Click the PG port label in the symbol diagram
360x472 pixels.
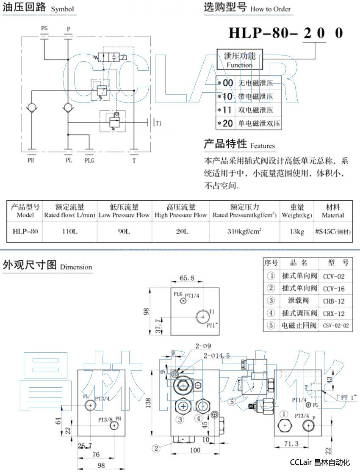(44, 28)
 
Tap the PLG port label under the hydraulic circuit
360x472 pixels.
(89, 160)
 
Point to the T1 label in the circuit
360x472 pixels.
(158, 124)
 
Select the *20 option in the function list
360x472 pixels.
(228, 124)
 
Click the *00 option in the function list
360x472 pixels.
(228, 83)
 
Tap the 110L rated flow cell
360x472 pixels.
(70, 231)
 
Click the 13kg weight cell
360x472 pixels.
(297, 231)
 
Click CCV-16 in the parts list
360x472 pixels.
(334, 289)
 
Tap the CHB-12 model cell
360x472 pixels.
(334, 301)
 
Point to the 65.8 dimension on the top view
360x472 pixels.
(186, 279)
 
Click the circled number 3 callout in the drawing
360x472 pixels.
(180, 420)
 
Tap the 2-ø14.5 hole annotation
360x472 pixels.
(216, 356)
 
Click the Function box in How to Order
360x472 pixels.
(239, 60)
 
